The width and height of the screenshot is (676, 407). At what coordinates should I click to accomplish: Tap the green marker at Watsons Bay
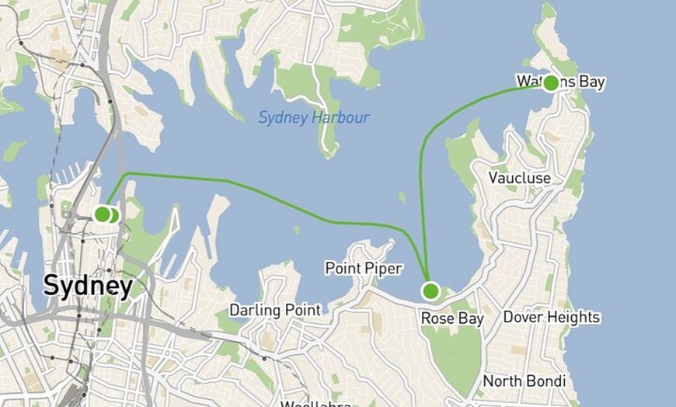coord(551,83)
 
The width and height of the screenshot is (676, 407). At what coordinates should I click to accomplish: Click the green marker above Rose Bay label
coord(430,291)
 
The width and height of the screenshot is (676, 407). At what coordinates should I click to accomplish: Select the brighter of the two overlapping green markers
coord(102,214)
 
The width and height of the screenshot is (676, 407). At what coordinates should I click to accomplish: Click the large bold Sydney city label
coord(88,286)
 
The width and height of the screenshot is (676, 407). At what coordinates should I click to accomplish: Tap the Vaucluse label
coord(520,178)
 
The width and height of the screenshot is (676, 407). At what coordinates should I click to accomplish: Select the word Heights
coord(573,317)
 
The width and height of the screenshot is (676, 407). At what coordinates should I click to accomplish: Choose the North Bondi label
coord(524,381)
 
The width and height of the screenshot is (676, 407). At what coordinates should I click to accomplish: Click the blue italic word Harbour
coord(342,118)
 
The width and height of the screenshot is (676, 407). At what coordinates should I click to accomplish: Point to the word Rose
coord(437,318)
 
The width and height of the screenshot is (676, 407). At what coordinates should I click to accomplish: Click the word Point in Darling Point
coord(301,310)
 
